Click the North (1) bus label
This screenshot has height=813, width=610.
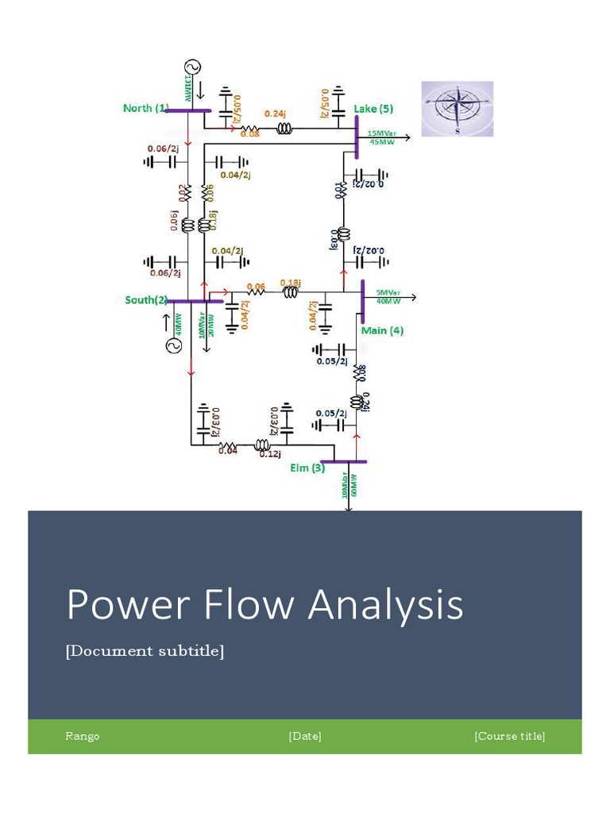pyautogui.click(x=146, y=108)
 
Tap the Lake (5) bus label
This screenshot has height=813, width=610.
pyautogui.click(x=373, y=109)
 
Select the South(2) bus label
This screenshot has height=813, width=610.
pyautogui.click(x=146, y=300)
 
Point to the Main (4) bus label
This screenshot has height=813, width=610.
pyautogui.click(x=382, y=330)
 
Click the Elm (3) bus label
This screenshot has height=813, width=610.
pyautogui.click(x=307, y=468)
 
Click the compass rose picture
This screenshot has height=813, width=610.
pyautogui.click(x=457, y=109)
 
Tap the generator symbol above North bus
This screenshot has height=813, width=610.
pyautogui.click(x=191, y=68)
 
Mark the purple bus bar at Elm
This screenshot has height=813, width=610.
pyautogui.click(x=343, y=460)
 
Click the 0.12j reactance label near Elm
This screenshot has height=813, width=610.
pyautogui.click(x=269, y=453)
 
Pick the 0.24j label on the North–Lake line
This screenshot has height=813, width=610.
pyautogui.click(x=275, y=114)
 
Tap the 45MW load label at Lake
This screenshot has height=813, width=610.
pyautogui.click(x=378, y=142)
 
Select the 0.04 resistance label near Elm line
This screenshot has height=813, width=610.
pyautogui.click(x=228, y=451)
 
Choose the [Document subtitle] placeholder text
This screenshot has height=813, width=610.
pyautogui.click(x=145, y=651)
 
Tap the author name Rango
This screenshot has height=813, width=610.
pyautogui.click(x=83, y=736)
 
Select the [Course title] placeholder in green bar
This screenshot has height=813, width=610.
pyautogui.click(x=509, y=736)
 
